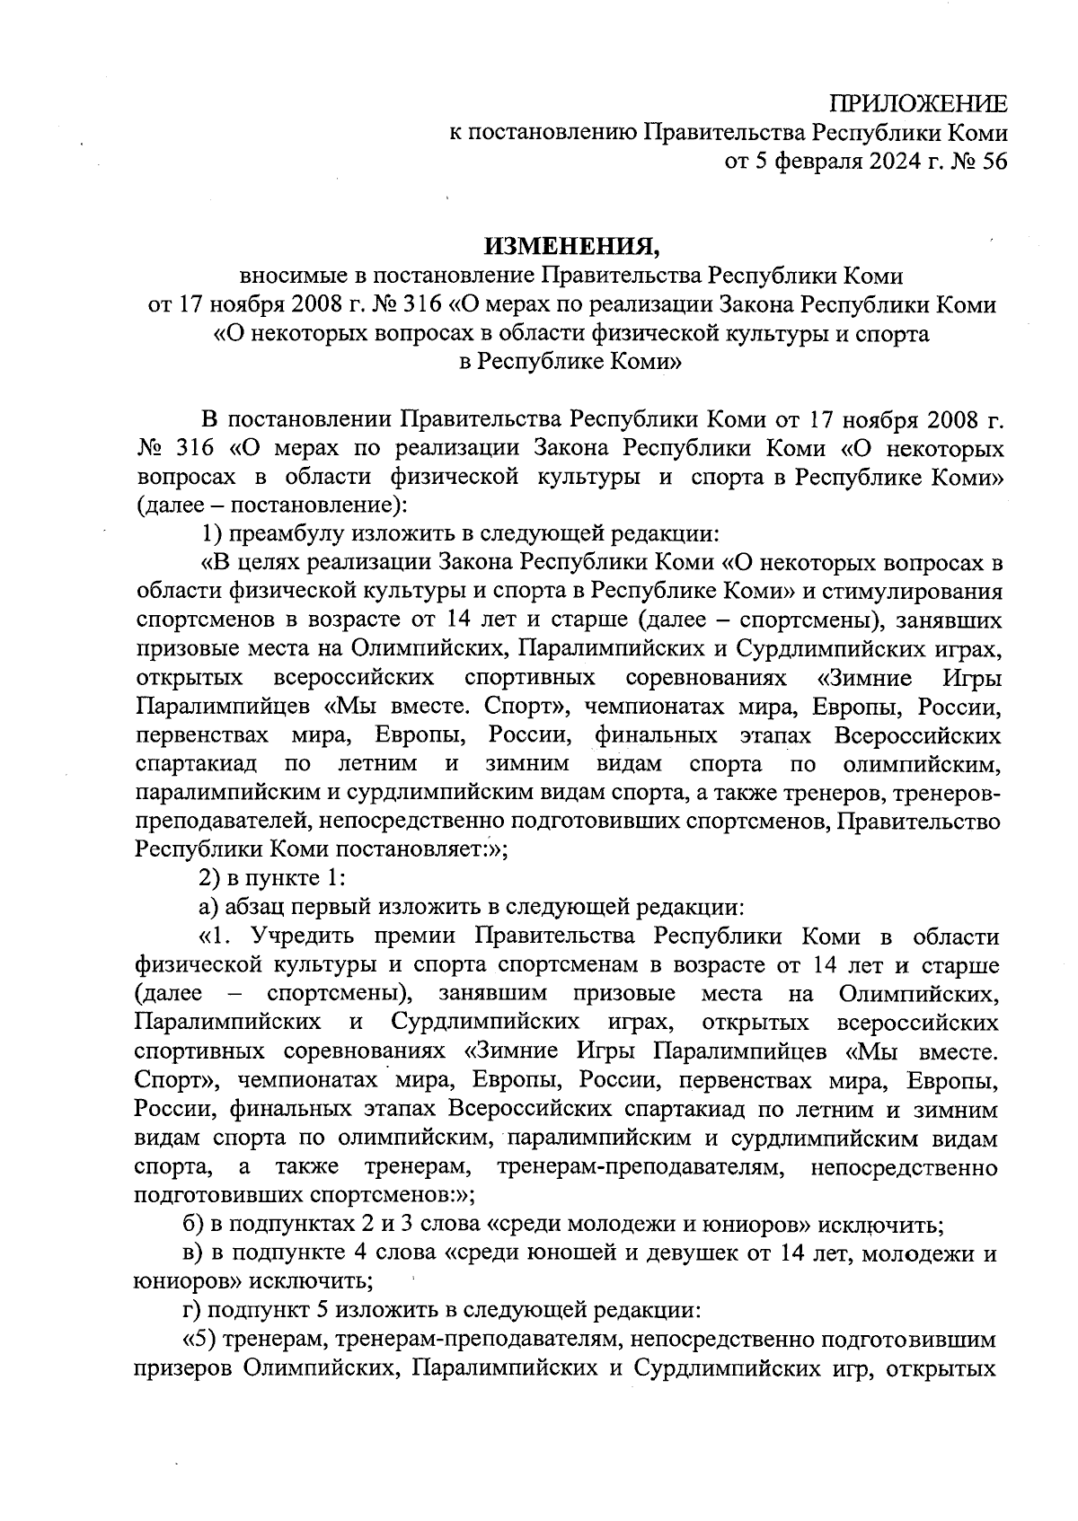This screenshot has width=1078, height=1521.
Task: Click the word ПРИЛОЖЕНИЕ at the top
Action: click(x=917, y=103)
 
